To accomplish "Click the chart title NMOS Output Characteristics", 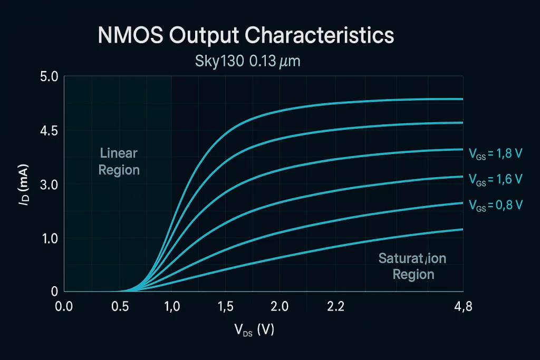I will pyautogui.click(x=246, y=35).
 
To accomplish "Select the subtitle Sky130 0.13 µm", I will pyautogui.click(x=248, y=61).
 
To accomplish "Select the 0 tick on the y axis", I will pyautogui.click(x=54, y=291).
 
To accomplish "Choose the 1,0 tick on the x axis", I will pyautogui.click(x=172, y=306).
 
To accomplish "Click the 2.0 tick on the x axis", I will pyautogui.click(x=279, y=306).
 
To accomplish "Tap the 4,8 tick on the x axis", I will pyautogui.click(x=462, y=306).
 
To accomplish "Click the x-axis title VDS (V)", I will pyautogui.click(x=254, y=330).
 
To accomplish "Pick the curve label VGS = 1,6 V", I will pyautogui.click(x=495, y=179).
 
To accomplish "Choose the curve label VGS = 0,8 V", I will pyautogui.click(x=495, y=206).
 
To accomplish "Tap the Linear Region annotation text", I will pyautogui.click(x=119, y=162).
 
